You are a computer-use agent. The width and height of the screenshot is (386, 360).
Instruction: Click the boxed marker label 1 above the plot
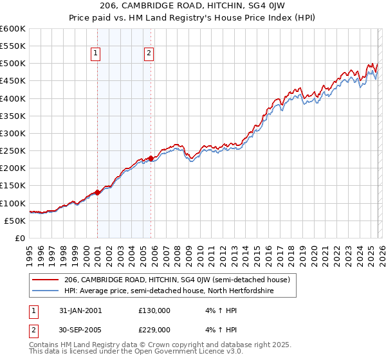tap(95, 54)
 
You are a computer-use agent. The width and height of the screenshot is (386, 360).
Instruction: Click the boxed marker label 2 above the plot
tap(149, 54)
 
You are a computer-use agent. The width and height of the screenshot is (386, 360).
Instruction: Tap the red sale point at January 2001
tap(97, 192)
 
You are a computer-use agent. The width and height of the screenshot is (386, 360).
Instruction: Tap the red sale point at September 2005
tap(151, 158)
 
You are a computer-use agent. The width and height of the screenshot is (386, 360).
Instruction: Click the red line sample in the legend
tap(46, 280)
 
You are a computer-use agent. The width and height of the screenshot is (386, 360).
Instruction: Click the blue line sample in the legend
tap(46, 291)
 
